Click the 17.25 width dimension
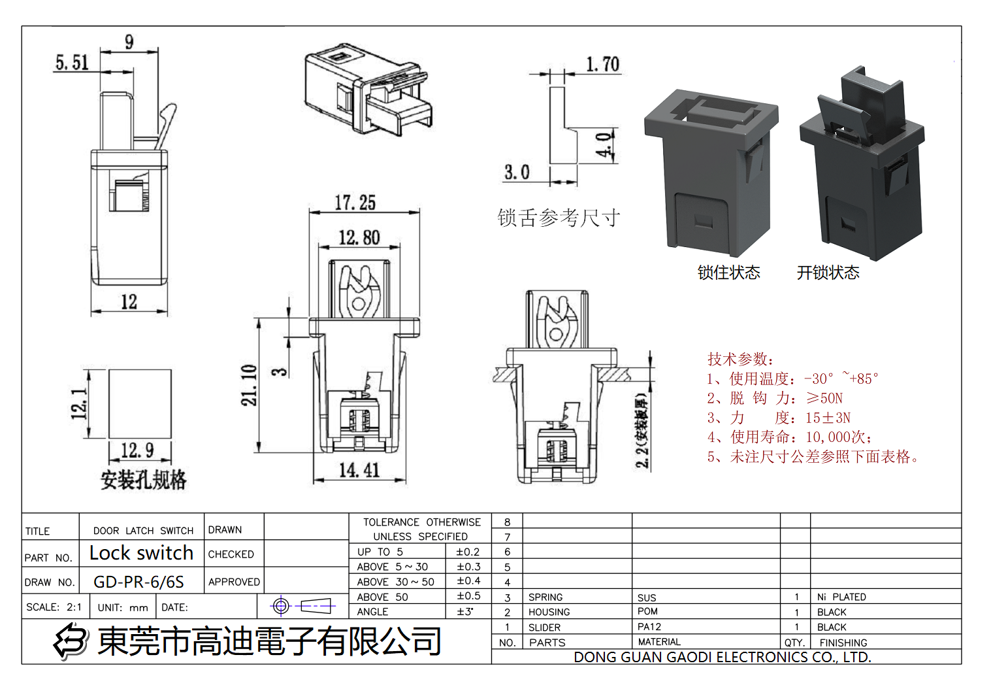355,203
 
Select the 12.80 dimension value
359,237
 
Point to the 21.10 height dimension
249,385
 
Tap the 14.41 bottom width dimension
359,470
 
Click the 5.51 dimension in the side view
72,63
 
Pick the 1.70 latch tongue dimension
602,64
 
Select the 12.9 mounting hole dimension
137,450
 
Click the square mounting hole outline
140,404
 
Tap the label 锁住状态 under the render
728,273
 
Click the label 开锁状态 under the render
828,273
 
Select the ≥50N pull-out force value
824,398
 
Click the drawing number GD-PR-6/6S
138,582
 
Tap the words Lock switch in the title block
141,553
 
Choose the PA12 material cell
649,627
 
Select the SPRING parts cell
545,597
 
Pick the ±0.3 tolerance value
468,567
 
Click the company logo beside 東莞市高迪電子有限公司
71,641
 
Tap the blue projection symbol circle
281,607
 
